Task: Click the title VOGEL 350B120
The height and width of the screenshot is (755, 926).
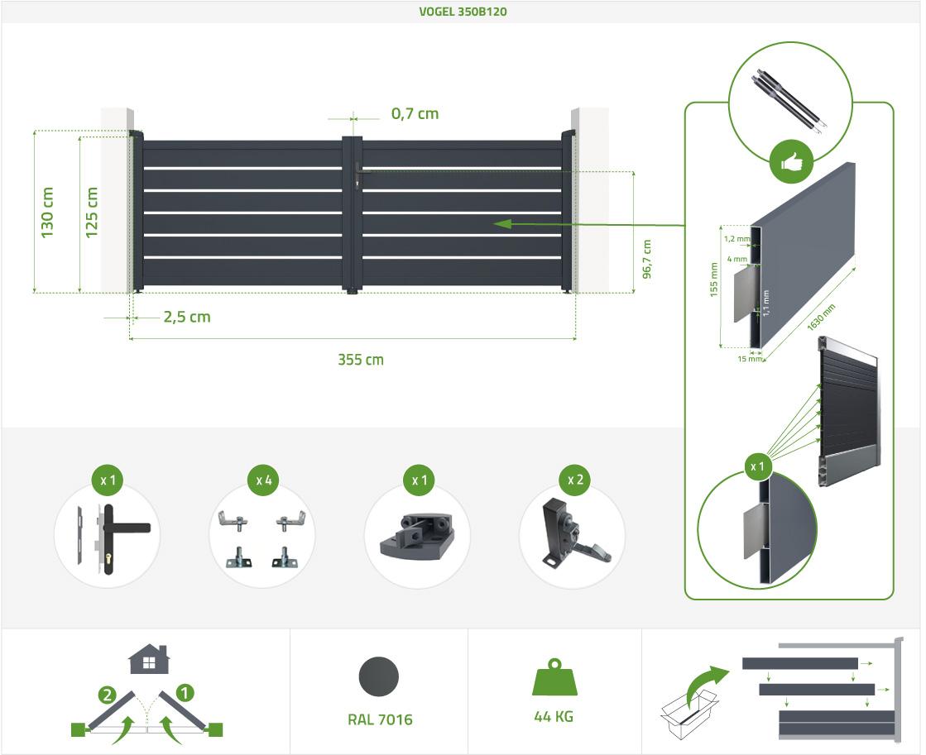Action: coord(463,12)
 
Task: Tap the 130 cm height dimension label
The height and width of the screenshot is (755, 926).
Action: coord(47,213)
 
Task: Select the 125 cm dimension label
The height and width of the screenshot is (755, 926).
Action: coord(92,213)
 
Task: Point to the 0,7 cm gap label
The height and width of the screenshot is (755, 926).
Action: coord(415,113)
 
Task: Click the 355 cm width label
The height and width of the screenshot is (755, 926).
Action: coord(360,360)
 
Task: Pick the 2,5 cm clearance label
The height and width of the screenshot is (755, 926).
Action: coord(187,317)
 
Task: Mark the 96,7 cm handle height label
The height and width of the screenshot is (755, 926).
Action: coord(647,259)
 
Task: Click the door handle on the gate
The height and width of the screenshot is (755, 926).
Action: coord(358,174)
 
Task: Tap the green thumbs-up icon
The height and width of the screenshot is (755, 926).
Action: coord(791,162)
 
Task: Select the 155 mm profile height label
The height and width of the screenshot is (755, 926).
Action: coord(713,280)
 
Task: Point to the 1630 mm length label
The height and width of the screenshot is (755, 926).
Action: coord(822,317)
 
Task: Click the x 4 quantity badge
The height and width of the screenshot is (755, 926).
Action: coord(263,480)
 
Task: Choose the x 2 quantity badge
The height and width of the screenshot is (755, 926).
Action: coord(575,480)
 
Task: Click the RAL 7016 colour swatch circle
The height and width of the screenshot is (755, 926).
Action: coord(378,676)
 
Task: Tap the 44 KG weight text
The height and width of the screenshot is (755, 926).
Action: coord(554,717)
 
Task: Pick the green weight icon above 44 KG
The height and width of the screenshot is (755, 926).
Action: coord(554,677)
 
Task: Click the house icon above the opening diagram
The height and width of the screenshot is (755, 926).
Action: coord(150,659)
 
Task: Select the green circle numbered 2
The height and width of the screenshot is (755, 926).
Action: coord(107,695)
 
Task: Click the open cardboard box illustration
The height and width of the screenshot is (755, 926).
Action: coord(689,713)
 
